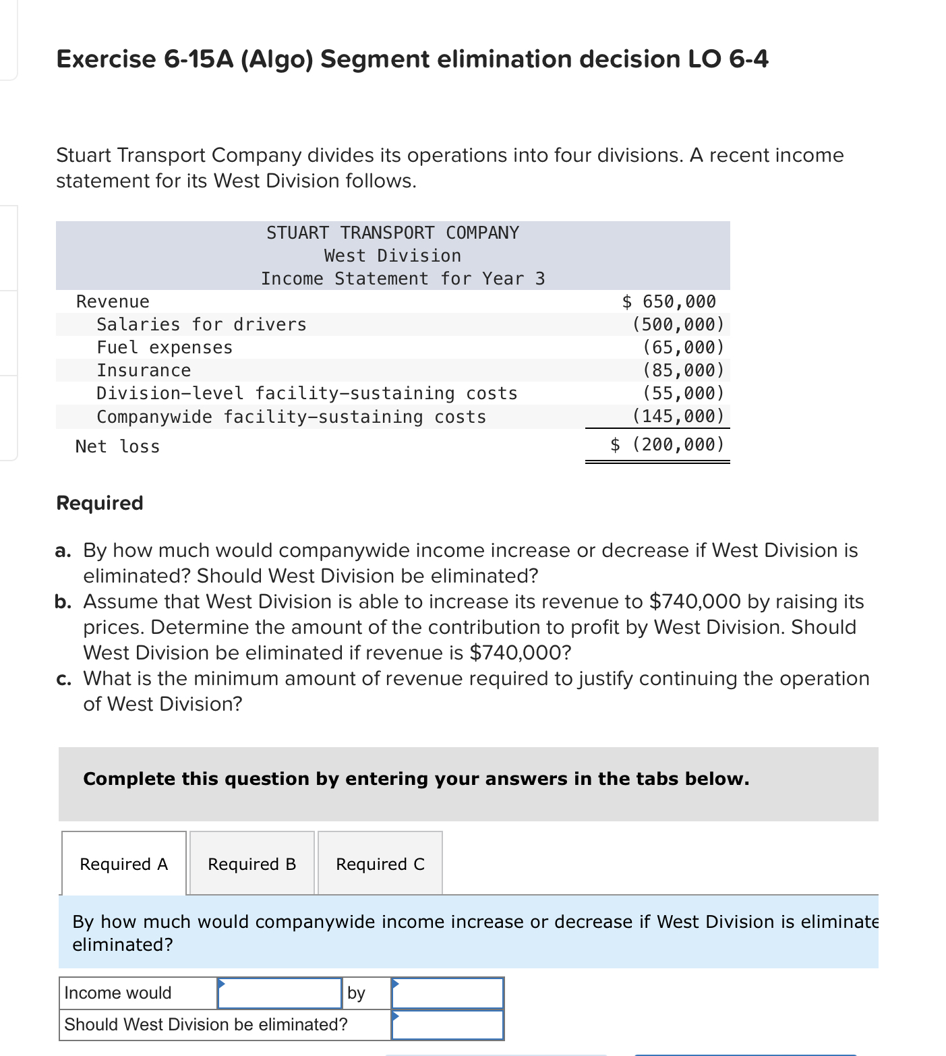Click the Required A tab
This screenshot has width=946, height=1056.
point(123,864)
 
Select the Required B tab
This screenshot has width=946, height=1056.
point(252,864)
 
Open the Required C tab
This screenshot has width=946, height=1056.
point(380,864)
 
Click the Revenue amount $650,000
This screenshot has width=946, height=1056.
point(669,301)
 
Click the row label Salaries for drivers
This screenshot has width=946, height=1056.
point(201,324)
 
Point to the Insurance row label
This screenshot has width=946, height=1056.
point(144,370)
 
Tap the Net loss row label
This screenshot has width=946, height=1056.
point(117,446)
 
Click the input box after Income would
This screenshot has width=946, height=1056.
point(280,993)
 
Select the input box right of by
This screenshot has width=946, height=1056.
point(448,993)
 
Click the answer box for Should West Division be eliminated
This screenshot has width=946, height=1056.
point(448,1024)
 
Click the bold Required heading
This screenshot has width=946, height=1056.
point(100,503)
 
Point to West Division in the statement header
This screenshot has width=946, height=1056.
point(392,256)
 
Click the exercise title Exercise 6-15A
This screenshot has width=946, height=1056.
point(412,59)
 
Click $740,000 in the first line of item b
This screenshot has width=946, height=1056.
point(694,601)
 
